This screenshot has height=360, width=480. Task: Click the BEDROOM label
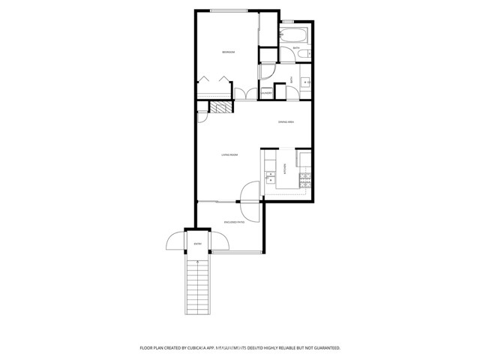tap(229, 52)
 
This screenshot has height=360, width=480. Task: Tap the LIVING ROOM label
tap(229, 155)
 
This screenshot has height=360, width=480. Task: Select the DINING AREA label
tap(286, 121)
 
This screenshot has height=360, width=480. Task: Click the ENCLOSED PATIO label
tap(235, 222)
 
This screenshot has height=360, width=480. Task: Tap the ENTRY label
tap(198, 244)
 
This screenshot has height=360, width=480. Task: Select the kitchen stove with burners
tap(305, 179)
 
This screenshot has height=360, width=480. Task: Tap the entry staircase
tap(198, 289)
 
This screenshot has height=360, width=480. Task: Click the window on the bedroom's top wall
tap(229, 10)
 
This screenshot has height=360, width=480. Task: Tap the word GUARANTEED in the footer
tap(323, 348)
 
